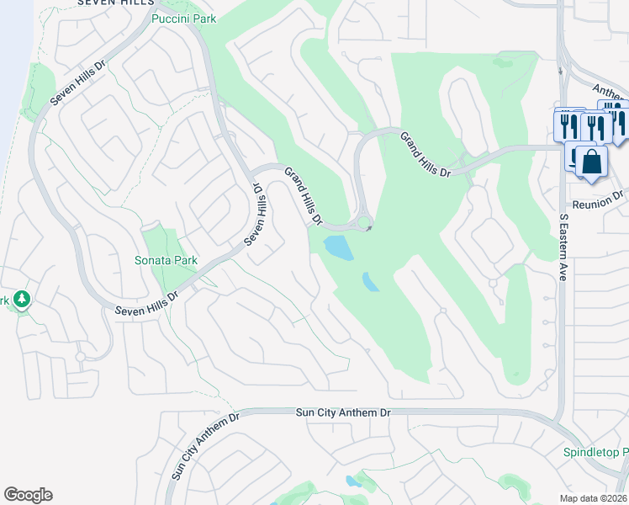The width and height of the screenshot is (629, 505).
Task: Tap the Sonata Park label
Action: [166, 260]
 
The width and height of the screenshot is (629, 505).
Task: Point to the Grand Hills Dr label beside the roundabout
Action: [304, 196]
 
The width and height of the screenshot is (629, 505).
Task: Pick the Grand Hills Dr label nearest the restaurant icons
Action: [425, 154]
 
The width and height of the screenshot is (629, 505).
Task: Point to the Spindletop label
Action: [596, 453]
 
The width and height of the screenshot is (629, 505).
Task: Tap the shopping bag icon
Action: [592, 161]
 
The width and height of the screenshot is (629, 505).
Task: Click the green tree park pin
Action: [21, 299]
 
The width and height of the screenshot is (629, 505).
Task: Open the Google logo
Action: [28, 495]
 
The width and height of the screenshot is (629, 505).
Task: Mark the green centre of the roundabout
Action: [363, 223]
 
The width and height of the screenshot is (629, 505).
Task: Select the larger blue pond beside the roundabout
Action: [338, 247]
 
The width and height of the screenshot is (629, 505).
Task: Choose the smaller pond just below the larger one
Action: [371, 281]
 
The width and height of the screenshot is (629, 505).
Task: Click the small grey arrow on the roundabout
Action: [368, 228]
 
